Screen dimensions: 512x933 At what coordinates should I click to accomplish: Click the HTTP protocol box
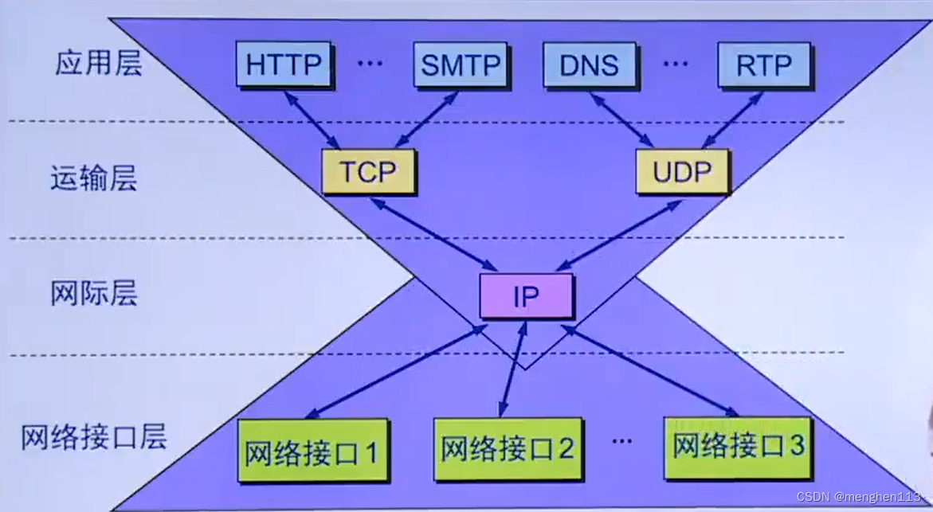(x=283, y=64)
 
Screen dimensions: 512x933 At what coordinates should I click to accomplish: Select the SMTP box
(x=461, y=64)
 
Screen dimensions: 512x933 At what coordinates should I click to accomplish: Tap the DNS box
(x=590, y=64)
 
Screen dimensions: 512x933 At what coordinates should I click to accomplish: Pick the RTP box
(x=763, y=64)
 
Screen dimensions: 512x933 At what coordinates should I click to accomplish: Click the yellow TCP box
(x=368, y=171)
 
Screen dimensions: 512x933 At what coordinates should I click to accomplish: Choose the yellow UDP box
(x=683, y=171)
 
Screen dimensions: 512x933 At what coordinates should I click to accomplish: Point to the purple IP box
(x=526, y=296)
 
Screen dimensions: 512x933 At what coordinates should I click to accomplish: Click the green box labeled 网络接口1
(x=312, y=451)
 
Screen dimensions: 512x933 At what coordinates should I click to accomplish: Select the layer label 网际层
(x=94, y=293)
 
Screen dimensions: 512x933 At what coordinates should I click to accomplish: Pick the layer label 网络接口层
(x=94, y=437)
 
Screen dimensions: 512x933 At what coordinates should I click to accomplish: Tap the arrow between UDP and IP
(x=617, y=235)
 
